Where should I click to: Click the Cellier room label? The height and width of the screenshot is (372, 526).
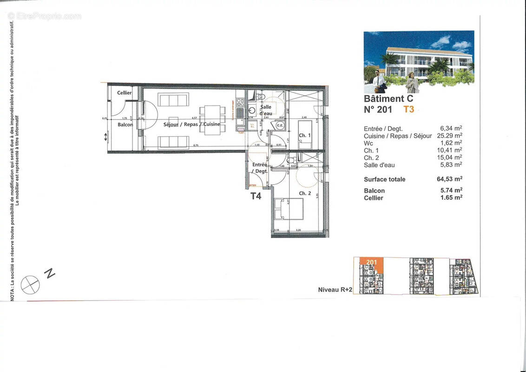click(124, 93)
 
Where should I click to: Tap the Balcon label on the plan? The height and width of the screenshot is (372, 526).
click(125, 125)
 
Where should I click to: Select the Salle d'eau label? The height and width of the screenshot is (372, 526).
click(266, 110)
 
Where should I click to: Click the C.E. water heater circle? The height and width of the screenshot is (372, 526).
click(280, 126)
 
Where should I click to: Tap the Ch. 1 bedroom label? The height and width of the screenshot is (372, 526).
click(305, 135)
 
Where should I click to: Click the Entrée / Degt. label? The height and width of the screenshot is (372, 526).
click(259, 168)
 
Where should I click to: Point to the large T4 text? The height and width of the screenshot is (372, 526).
click(256, 196)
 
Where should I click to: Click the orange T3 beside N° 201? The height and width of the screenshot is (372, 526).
click(408, 110)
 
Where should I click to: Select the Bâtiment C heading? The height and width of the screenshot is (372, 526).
click(388, 99)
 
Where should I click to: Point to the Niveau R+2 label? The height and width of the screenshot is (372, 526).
click(335, 290)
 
